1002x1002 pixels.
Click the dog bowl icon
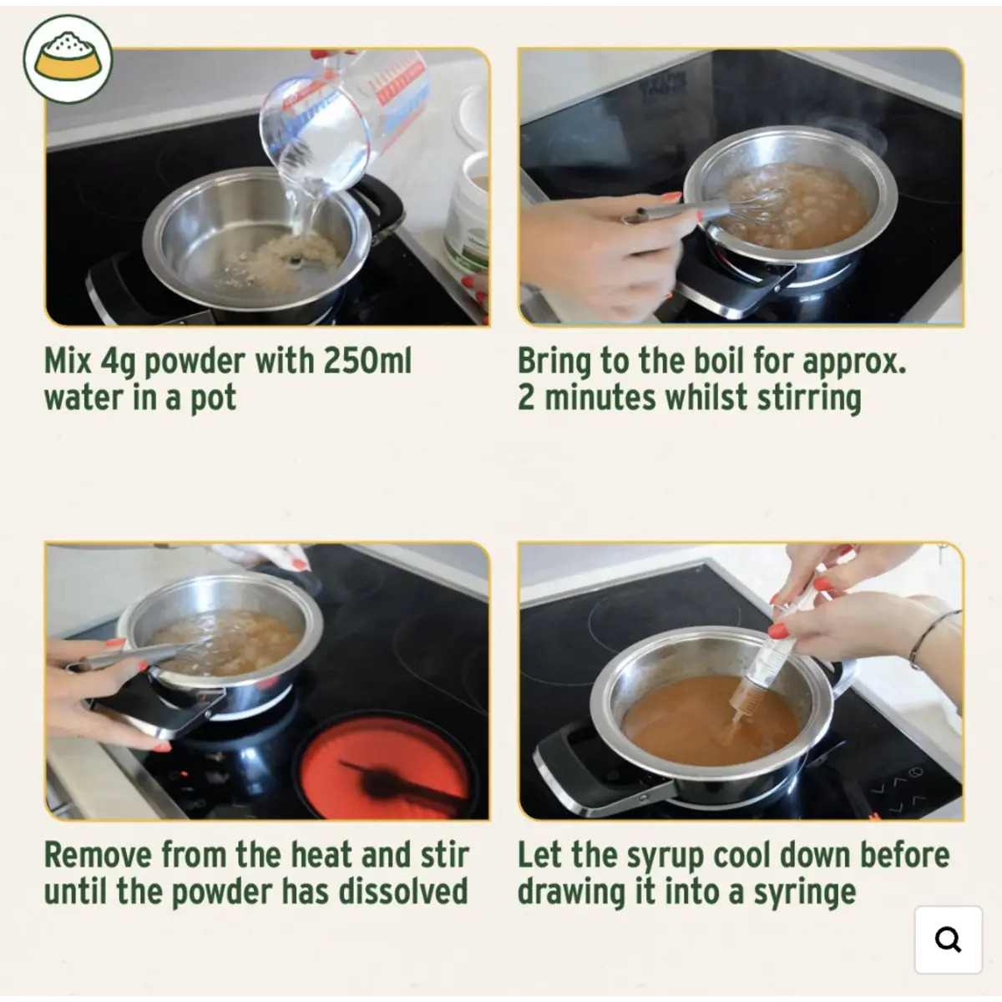point(68,58)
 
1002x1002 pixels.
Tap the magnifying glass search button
point(948,939)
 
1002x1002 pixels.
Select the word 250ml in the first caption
point(367,361)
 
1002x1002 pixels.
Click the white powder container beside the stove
point(466,213)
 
